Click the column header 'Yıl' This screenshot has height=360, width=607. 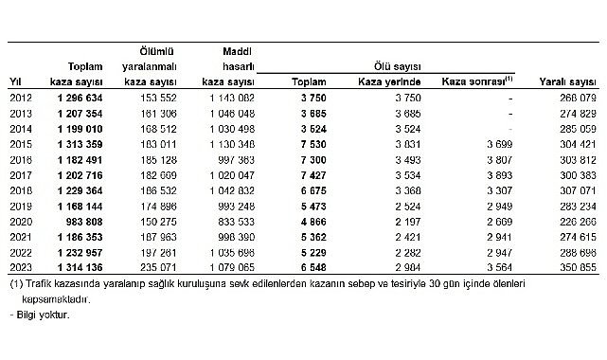coord(15,82)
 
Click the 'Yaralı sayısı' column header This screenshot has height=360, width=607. coord(564,82)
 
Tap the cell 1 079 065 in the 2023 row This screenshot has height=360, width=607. coord(228,268)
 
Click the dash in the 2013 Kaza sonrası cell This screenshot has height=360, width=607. coord(509,111)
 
